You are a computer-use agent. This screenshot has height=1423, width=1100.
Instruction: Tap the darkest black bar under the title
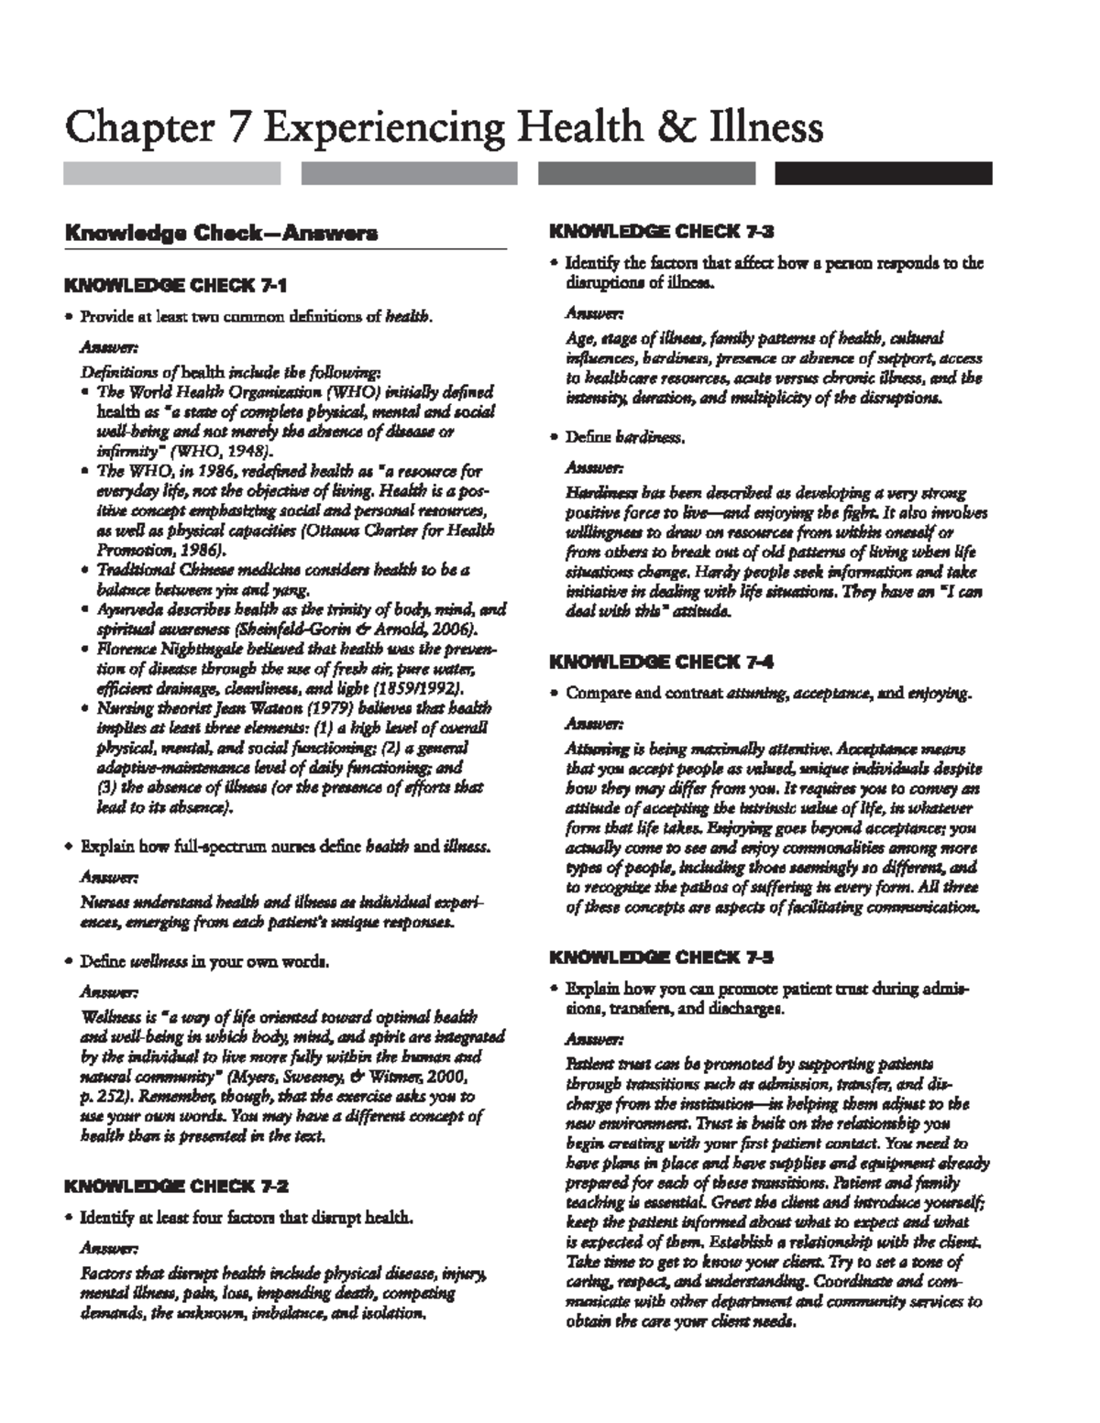pos(884,173)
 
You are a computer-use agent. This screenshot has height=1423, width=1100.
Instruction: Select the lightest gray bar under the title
pos(171,173)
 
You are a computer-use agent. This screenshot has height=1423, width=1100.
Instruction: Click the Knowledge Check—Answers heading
pos(220,234)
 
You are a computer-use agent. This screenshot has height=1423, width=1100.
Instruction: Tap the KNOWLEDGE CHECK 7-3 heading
pos(661,231)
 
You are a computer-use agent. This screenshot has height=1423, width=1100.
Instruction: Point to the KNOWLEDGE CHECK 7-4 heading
pos(661,662)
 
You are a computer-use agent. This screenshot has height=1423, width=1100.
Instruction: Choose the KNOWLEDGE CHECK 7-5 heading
pos(661,958)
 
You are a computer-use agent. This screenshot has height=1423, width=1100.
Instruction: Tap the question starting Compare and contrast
pos(767,694)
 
